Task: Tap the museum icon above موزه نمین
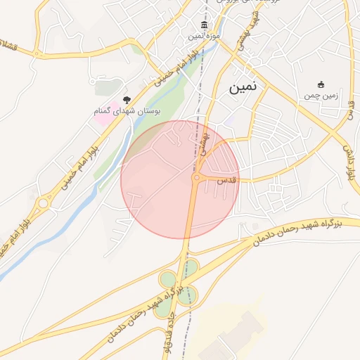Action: [x=204, y=25]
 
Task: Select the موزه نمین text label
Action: [x=204, y=35]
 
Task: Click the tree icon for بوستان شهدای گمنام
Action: [x=127, y=101]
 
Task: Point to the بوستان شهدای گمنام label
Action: [x=128, y=111]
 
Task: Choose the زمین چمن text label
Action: [x=321, y=95]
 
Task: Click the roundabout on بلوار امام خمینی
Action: [x=44, y=204]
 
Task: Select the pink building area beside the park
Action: [x=103, y=115]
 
